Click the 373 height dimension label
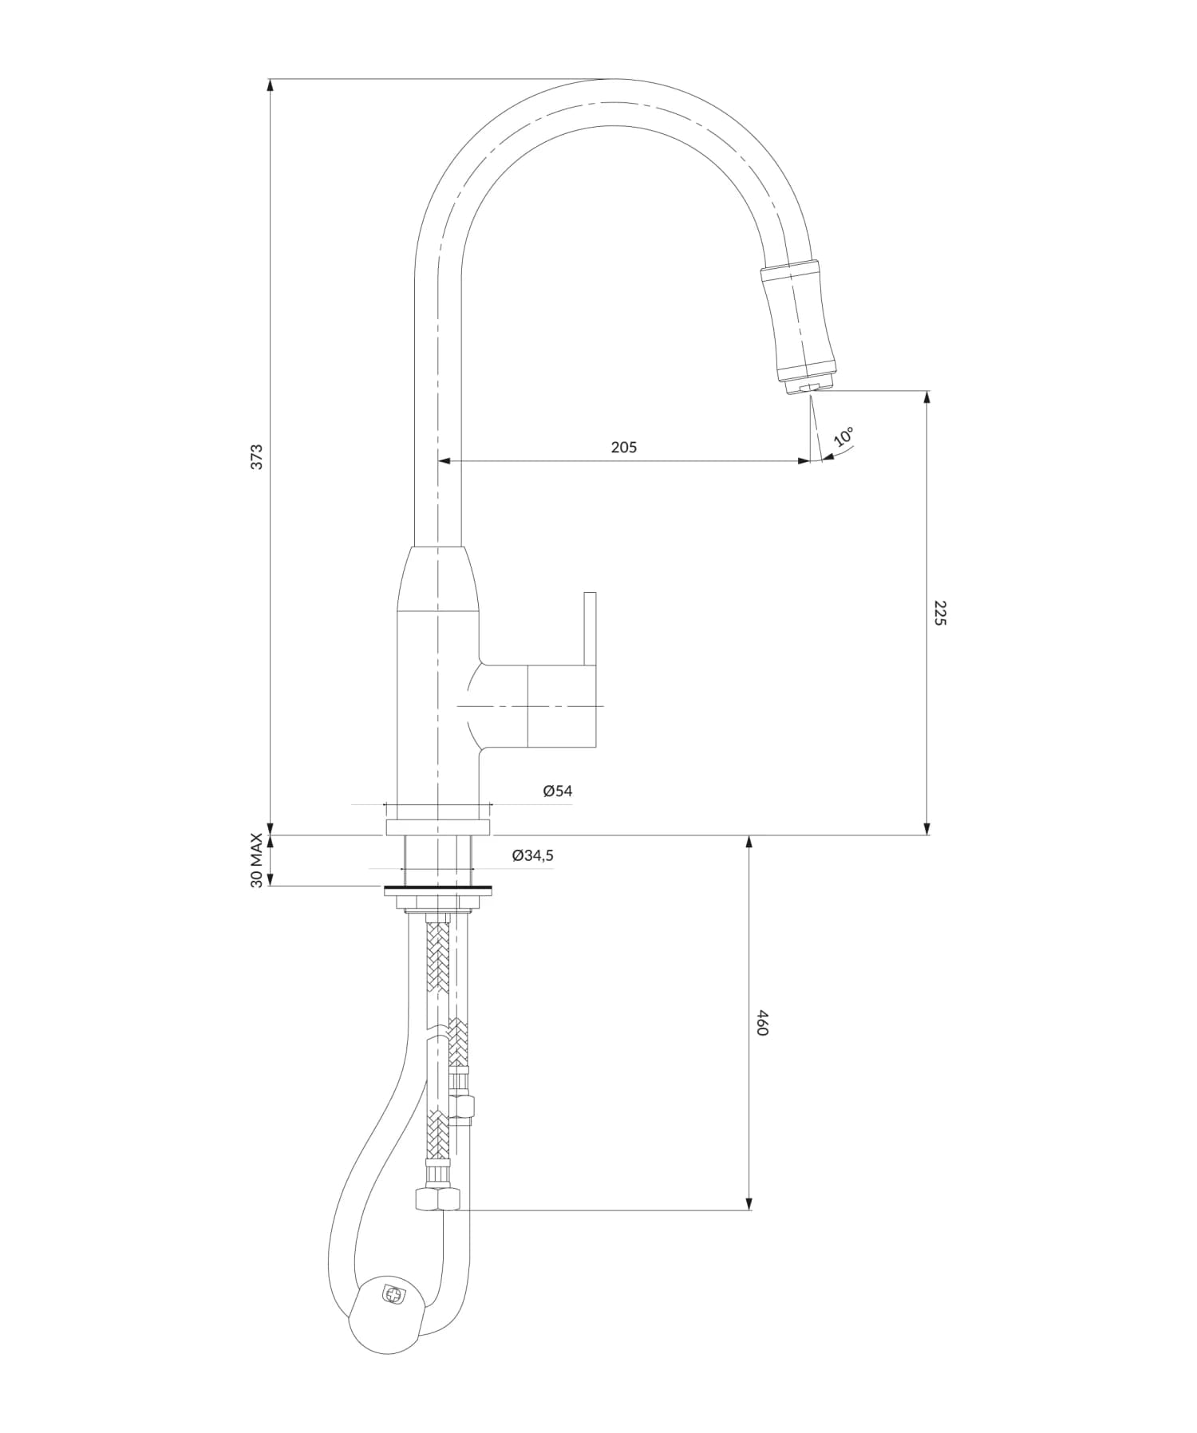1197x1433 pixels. click(256, 456)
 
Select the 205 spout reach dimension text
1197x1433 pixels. click(624, 448)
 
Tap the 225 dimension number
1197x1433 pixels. click(939, 613)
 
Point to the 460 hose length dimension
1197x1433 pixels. click(761, 1023)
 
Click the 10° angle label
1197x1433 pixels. click(843, 436)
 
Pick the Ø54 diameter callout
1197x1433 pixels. click(557, 791)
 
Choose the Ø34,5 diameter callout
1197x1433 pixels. click(532, 855)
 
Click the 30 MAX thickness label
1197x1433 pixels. click(256, 860)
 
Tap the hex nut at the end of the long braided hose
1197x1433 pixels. click(437, 1199)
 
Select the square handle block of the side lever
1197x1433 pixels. click(562, 706)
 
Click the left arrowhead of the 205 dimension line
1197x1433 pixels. click(444, 461)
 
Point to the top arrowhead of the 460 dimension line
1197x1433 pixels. click(749, 843)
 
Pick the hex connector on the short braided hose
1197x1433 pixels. click(462, 1107)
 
